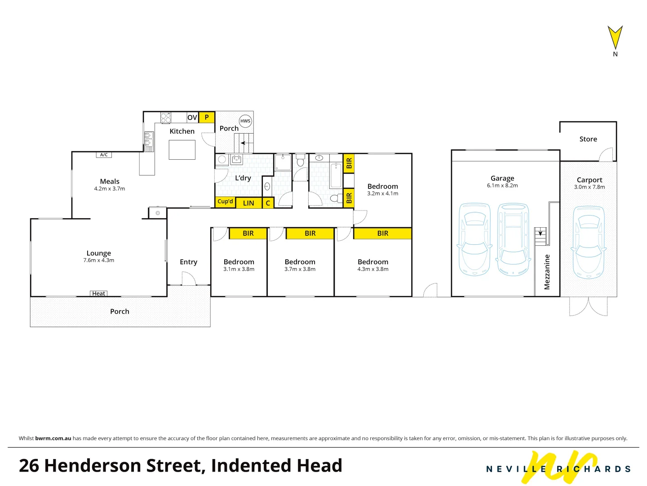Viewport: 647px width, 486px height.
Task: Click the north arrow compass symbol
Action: pyautogui.click(x=615, y=38)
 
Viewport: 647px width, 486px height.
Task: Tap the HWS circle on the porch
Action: pyautogui.click(x=245, y=121)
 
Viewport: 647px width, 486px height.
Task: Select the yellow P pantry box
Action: pyautogui.click(x=207, y=117)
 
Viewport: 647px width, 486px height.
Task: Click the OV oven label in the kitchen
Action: pyautogui.click(x=192, y=117)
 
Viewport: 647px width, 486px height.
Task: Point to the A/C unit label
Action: pyautogui.click(x=104, y=155)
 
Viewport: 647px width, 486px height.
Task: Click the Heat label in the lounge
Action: pyautogui.click(x=99, y=293)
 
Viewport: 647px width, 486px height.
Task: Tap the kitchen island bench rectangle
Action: pyautogui.click(x=182, y=150)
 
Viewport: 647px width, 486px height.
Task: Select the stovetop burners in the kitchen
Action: pyautogui.click(x=166, y=117)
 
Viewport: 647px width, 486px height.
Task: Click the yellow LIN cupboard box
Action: pyautogui.click(x=248, y=203)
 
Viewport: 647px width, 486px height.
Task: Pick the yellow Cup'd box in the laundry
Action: pyautogui.click(x=225, y=202)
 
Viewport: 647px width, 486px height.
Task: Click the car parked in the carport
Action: pyautogui.click(x=589, y=242)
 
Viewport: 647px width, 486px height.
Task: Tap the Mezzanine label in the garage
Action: pyautogui.click(x=547, y=272)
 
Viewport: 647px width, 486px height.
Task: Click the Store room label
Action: pyautogui.click(x=588, y=139)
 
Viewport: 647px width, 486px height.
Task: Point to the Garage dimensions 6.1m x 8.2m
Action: pyautogui.click(x=502, y=185)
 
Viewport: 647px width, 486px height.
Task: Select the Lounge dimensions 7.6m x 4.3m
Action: pyautogui.click(x=99, y=260)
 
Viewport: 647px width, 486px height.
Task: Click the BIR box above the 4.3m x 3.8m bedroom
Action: pyautogui.click(x=383, y=233)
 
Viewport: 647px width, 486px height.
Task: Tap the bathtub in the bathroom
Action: pyautogui.click(x=336, y=175)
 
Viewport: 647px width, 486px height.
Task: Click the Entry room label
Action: pyautogui.click(x=188, y=262)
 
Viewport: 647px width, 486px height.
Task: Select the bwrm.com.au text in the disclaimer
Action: pyautogui.click(x=53, y=438)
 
